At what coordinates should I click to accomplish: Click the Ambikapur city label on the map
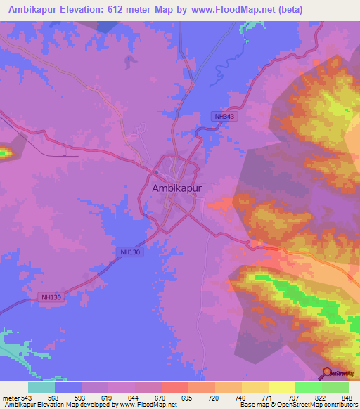pyautogui.click(x=176, y=188)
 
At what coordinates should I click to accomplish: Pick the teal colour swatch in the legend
pyautogui.click(x=41, y=387)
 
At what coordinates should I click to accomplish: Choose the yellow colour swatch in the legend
pyautogui.click(x=281, y=387)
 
